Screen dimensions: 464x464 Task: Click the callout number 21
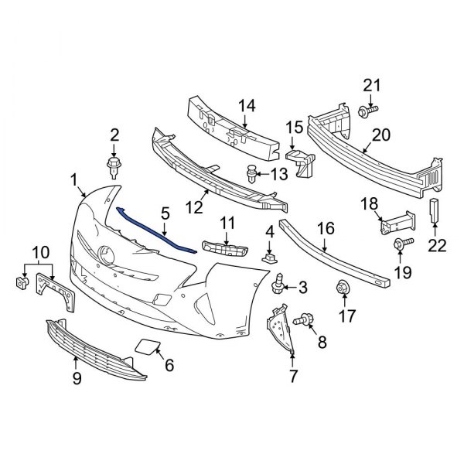click(x=373, y=86)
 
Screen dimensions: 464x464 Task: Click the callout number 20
click(x=381, y=135)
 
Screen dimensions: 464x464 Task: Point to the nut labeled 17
click(x=342, y=290)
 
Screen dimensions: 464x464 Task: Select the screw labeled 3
click(x=278, y=288)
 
